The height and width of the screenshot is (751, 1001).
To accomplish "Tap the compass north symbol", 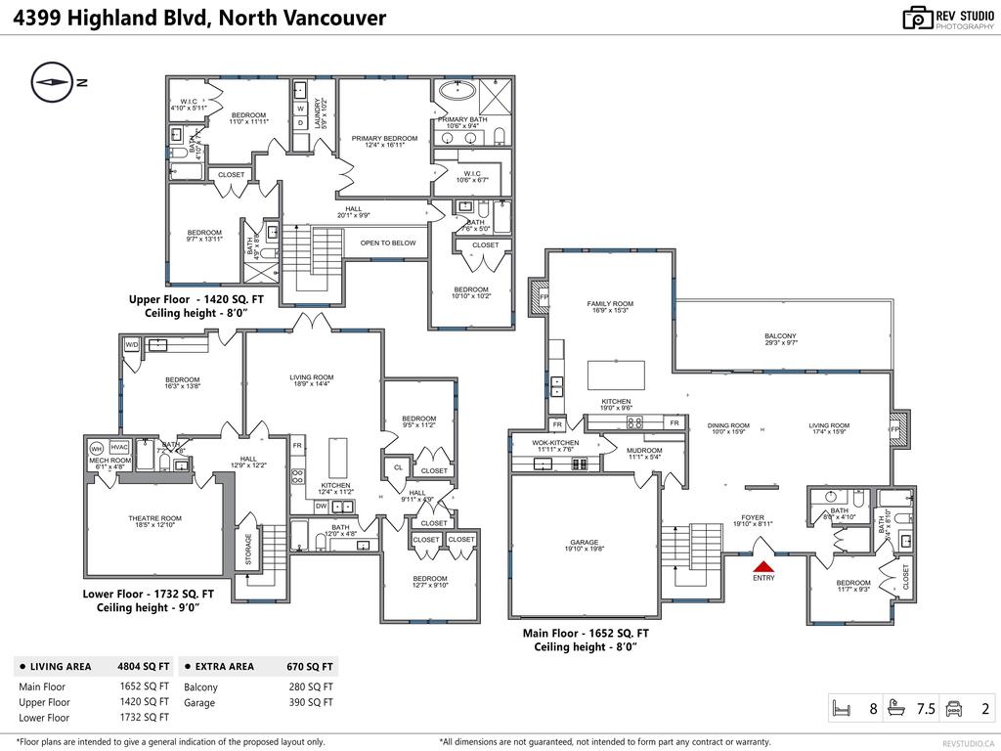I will pyautogui.click(x=53, y=82).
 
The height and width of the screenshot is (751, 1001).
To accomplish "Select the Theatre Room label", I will pyautogui.click(x=155, y=522).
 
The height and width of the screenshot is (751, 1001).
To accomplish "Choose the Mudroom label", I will pyautogui.click(x=645, y=453).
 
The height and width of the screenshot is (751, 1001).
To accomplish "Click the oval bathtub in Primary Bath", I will pyautogui.click(x=455, y=93).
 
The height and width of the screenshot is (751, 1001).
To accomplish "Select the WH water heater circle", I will pyautogui.click(x=97, y=448).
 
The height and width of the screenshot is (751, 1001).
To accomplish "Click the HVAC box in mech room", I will pyautogui.click(x=119, y=448).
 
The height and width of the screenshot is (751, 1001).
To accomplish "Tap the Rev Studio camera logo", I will pyautogui.click(x=917, y=18).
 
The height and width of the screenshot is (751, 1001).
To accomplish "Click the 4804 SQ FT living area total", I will pyautogui.click(x=143, y=667).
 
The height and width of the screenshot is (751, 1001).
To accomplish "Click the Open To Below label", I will pyautogui.click(x=388, y=243).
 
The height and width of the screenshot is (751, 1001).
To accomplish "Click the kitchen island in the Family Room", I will pyautogui.click(x=616, y=375).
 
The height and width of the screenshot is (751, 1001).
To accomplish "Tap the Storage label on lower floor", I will pyautogui.click(x=247, y=550).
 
